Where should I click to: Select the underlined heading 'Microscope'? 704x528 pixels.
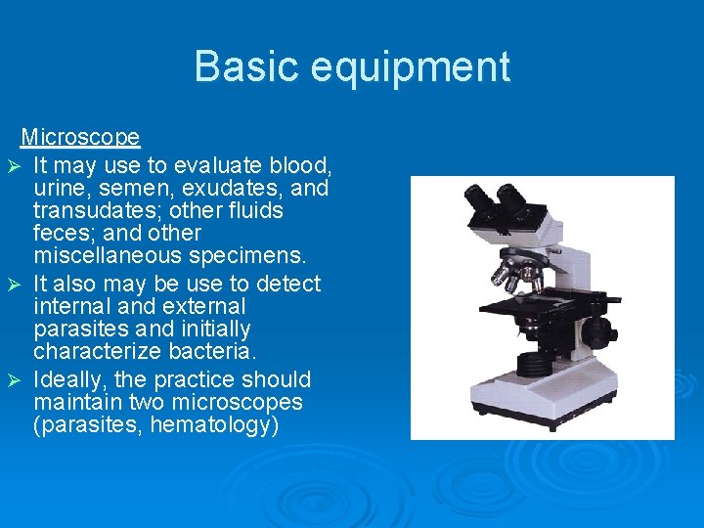coord(80,137)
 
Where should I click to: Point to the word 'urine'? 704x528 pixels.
coord(59,187)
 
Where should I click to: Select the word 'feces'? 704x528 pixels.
coord(61,234)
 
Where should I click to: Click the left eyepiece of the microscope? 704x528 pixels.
coord(481,198)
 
